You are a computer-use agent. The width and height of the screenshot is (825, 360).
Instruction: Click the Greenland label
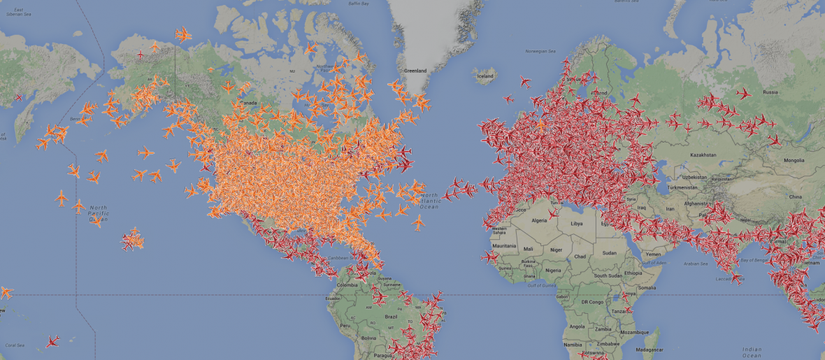click(415, 71)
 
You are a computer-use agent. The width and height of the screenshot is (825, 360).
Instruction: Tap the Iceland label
click(485, 76)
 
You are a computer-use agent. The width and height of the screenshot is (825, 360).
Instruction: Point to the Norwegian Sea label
click(540, 51)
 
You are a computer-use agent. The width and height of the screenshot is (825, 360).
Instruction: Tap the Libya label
click(577, 224)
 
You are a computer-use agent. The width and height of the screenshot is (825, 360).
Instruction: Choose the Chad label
click(580, 257)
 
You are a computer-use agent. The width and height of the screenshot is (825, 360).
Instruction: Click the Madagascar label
click(649, 350)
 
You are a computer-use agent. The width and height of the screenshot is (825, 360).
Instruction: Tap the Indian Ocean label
click(752, 350)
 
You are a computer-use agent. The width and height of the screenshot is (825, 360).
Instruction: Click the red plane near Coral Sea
click(52, 341)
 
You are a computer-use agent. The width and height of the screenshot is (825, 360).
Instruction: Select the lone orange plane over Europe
click(540, 125)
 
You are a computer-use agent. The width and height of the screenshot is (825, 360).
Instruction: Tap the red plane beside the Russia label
click(743, 93)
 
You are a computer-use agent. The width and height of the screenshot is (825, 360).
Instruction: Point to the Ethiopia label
click(633, 273)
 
